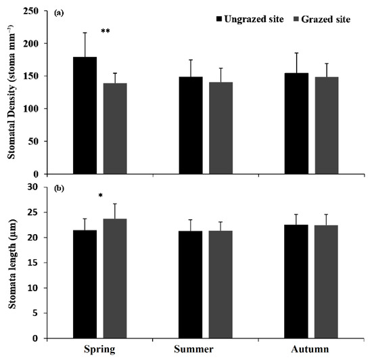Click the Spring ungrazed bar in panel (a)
tap(85, 115)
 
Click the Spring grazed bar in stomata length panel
tap(115, 278)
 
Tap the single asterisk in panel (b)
tap(100, 196)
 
